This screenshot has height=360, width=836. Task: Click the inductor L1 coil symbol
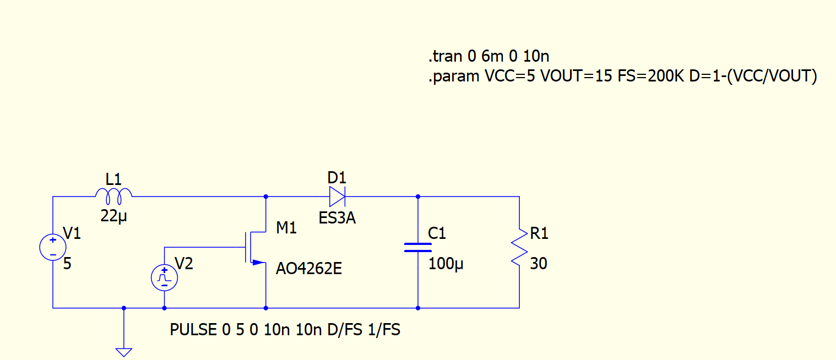(114, 194)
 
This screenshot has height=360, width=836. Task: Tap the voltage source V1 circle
(53, 247)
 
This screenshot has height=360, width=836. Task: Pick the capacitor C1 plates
(418, 247)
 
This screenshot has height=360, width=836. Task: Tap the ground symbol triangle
(124, 351)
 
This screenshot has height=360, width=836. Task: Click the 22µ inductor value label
(113, 216)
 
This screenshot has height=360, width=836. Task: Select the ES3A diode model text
(337, 219)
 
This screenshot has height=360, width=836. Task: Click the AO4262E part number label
(308, 269)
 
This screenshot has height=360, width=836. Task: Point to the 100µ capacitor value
(446, 264)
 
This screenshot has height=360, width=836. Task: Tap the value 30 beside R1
(538, 264)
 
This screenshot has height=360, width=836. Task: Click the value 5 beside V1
(67, 264)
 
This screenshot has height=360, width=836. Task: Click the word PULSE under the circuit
(193, 330)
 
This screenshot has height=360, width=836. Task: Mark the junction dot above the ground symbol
(124, 308)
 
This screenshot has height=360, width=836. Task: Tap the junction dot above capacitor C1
(418, 197)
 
